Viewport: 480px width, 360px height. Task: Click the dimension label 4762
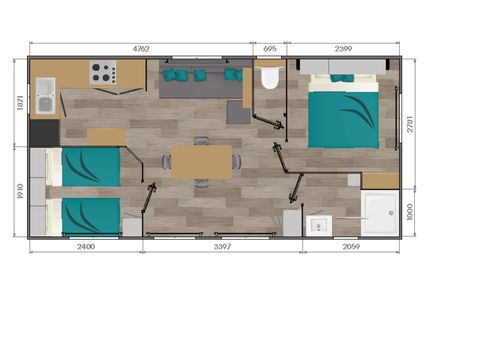[x=141, y=49]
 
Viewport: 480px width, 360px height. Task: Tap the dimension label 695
[x=270, y=49]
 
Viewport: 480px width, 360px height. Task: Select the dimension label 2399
[x=343, y=49]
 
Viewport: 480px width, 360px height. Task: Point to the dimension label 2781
[x=410, y=124]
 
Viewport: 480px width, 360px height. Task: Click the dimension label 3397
[x=222, y=246]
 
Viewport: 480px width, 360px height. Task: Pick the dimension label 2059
[x=351, y=246]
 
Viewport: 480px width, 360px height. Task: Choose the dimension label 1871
[x=20, y=103]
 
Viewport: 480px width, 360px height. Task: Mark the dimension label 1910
[x=20, y=191]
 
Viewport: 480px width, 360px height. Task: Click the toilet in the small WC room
[x=269, y=77]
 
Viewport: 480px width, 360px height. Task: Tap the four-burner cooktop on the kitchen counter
[x=103, y=72]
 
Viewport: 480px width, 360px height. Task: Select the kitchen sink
[x=45, y=96]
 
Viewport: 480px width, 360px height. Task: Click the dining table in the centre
[x=202, y=162]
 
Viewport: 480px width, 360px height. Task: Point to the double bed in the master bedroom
[x=344, y=112]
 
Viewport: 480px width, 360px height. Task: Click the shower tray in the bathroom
[x=380, y=213]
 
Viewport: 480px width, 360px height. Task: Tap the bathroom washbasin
[x=319, y=226]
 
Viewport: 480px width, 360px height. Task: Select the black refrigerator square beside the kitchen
[x=45, y=133]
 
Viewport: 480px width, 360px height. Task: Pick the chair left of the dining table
[x=166, y=162]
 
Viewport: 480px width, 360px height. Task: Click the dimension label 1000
[x=410, y=212]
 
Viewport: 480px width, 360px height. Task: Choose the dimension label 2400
[x=86, y=246]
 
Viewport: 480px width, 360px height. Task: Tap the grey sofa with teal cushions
[x=203, y=79]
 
